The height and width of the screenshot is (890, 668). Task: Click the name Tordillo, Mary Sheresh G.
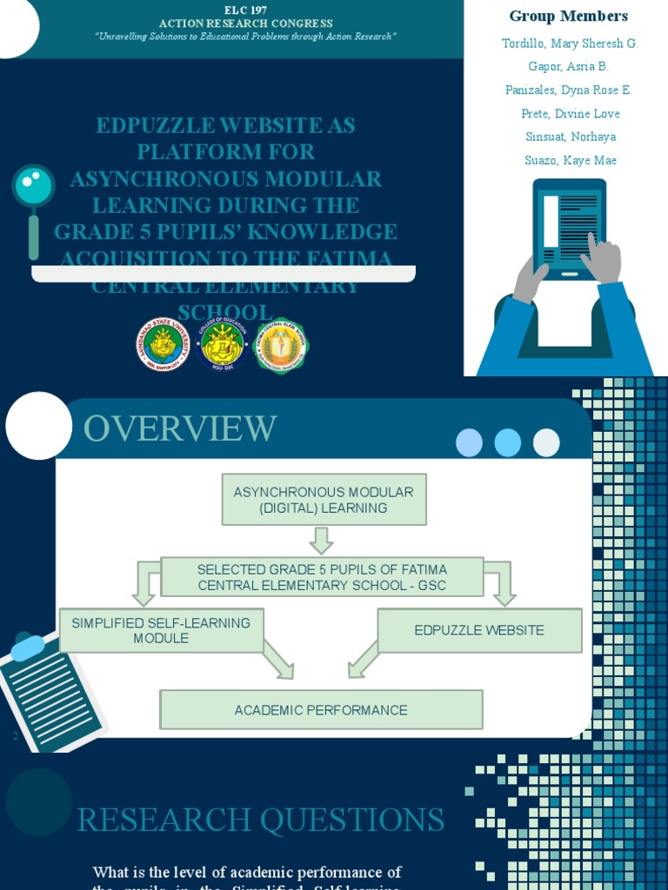pos(570,43)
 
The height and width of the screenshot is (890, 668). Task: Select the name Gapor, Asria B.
pos(568,67)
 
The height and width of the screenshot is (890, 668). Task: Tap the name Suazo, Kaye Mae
pos(571,160)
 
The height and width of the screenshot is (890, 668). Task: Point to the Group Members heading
pos(568,17)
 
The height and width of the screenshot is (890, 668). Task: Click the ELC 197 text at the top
pos(245,10)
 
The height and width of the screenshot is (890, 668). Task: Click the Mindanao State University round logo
pos(163,344)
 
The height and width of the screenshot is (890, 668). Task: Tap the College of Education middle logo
pos(222,344)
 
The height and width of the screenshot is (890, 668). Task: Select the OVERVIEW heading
pos(180,428)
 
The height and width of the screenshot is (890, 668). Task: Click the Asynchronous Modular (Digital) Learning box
pos(324,500)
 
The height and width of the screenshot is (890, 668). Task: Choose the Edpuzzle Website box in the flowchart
pos(479,630)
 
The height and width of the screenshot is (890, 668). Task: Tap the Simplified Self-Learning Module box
pos(161,630)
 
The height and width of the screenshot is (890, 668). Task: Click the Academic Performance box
pos(321,710)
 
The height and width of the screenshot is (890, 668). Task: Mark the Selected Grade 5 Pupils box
pos(322,577)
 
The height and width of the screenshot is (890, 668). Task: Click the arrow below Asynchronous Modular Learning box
pos(322,540)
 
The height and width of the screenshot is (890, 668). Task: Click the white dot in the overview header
pos(546,442)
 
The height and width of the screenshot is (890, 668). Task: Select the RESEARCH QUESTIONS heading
pos(261,820)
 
